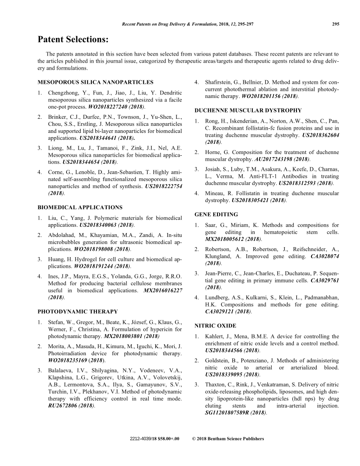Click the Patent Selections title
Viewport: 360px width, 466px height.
[73, 40]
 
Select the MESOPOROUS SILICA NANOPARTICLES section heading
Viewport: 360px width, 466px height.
[95, 82]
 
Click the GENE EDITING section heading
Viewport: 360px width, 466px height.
[216, 214]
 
